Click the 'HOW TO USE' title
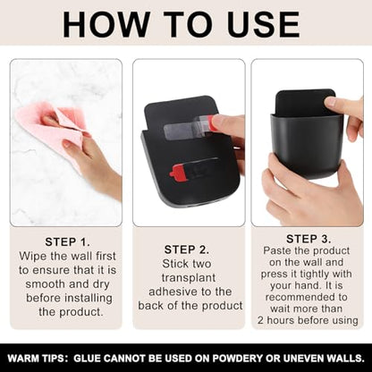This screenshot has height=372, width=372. click(x=181, y=25)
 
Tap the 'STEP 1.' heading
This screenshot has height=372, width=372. click(x=67, y=241)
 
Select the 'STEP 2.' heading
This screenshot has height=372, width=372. click(x=187, y=249)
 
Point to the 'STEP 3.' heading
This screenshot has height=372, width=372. click(x=309, y=239)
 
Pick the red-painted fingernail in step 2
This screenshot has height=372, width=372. click(x=211, y=123)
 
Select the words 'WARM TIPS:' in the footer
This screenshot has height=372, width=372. click(x=37, y=358)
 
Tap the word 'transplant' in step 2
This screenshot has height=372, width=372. click(x=189, y=277)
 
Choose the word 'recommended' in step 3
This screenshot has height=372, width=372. click(x=307, y=297)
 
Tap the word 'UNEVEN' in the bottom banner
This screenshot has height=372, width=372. click(x=304, y=358)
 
